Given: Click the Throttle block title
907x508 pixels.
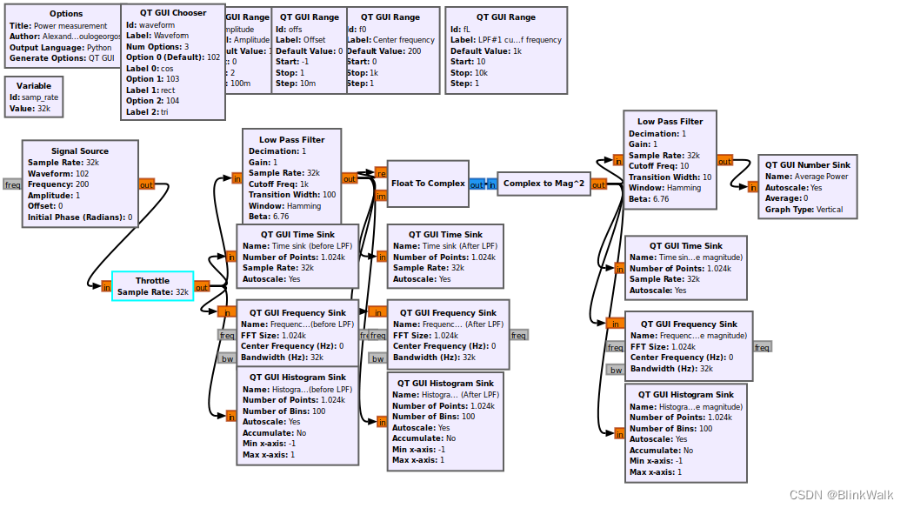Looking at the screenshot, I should tap(152, 281).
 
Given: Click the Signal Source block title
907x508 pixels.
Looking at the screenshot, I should tap(80, 151).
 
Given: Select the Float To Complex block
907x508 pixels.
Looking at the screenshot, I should tap(428, 184).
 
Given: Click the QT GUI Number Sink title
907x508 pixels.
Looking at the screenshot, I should tap(808, 164).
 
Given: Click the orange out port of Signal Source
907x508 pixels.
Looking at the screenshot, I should tap(146, 184).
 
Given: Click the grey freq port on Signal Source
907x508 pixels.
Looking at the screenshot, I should tap(12, 184).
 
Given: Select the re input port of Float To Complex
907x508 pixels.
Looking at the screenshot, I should tap(380, 172).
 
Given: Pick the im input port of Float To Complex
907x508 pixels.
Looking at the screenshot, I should tap(380, 196).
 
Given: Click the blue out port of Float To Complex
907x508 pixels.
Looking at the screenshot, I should tap(477, 184).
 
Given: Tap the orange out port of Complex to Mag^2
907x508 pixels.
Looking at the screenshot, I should tap(599, 184).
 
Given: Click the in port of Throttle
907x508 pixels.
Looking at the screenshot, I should tap(106, 287).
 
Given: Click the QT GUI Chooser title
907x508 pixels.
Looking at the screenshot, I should tap(170, 14).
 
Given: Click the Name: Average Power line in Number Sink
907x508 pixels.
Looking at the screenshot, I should tap(806, 176).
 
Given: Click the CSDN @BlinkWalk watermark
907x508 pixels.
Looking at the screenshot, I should tap(841, 494).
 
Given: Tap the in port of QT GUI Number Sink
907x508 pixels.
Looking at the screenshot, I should tap(752, 186).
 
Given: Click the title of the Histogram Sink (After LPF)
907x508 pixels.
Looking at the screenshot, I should tap(445, 384).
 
